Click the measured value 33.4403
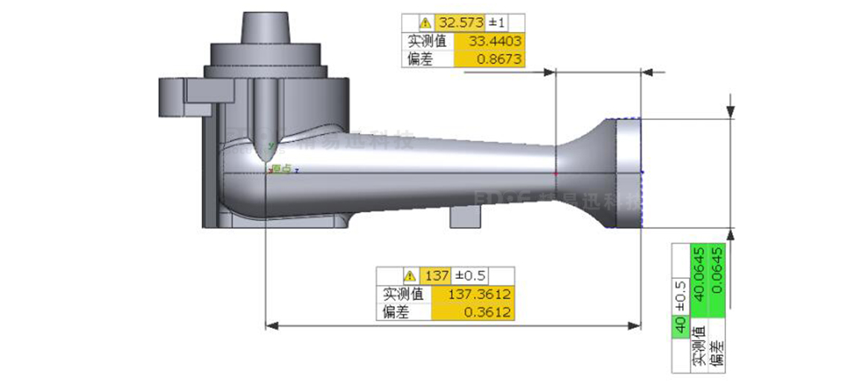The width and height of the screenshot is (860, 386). pyautogui.click(x=490, y=41)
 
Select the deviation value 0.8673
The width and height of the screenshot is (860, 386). pyautogui.click(x=490, y=59)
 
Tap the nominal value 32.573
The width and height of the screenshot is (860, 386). pyautogui.click(x=461, y=23)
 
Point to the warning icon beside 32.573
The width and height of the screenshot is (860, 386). pyautogui.click(x=425, y=23)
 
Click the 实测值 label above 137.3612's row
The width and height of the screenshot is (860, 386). pyautogui.click(x=402, y=294)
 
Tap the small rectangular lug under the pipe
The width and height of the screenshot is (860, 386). pyautogui.click(x=469, y=216)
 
